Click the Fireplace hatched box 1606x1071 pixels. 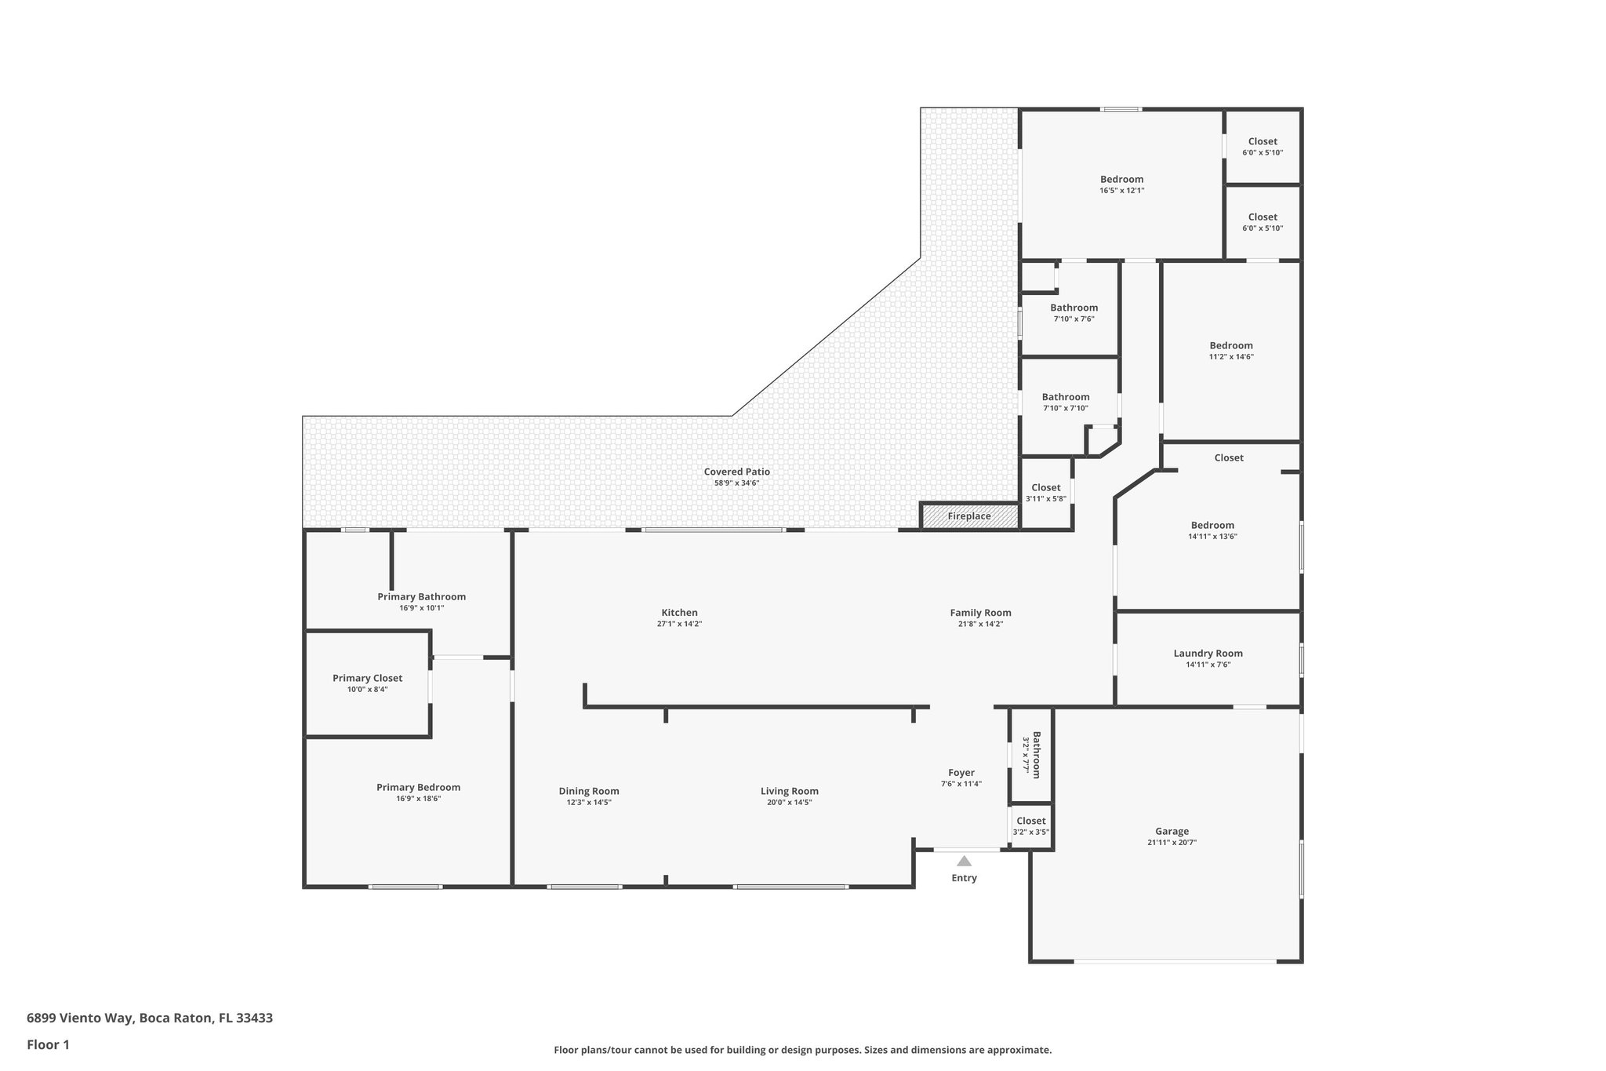969,516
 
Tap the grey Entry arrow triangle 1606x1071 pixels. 964,861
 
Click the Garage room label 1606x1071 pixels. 1172,831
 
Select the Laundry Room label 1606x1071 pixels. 1208,653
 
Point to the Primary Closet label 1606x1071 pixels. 367,678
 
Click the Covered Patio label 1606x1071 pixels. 736,472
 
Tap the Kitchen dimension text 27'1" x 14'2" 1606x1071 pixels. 679,625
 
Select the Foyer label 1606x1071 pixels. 961,773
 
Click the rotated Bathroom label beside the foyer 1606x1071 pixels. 1036,755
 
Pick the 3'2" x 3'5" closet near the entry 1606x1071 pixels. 1030,826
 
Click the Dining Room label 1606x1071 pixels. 589,791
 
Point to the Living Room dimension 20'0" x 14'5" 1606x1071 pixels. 789,803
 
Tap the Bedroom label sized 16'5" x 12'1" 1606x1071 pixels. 1121,179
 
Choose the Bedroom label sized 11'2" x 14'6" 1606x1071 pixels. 1231,345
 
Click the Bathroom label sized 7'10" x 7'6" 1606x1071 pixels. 1074,308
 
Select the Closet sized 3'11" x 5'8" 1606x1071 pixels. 1045,492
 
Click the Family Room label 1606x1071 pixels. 980,613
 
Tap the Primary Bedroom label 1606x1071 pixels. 418,787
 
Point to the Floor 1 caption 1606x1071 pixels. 49,1044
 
